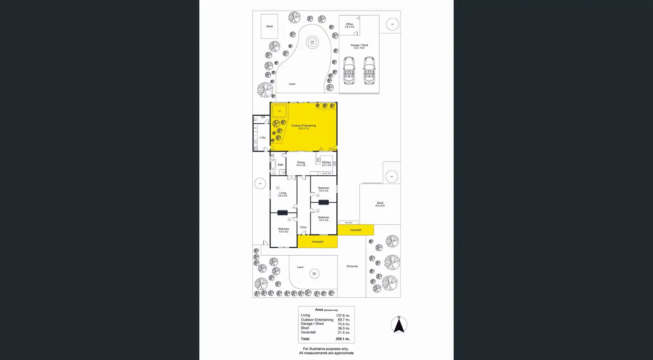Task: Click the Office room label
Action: (x=350, y=24)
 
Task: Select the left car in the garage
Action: (x=349, y=70)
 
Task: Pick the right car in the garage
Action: (x=369, y=70)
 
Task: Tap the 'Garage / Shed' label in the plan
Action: (x=359, y=45)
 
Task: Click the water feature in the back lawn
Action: (x=312, y=42)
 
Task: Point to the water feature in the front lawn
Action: (x=314, y=273)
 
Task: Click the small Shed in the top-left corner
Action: (x=269, y=26)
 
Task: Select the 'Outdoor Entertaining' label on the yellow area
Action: (x=303, y=126)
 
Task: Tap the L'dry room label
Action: (x=263, y=138)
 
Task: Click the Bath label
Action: (x=280, y=165)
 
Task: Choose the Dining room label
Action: (x=301, y=162)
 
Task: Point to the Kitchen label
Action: (x=326, y=162)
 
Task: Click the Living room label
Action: (x=283, y=193)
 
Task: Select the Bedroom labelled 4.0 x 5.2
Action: (x=283, y=229)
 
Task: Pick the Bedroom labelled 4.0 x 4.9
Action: (x=323, y=218)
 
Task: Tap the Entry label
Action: (x=303, y=227)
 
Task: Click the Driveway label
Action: (x=352, y=266)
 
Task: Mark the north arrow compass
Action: (x=399, y=325)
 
